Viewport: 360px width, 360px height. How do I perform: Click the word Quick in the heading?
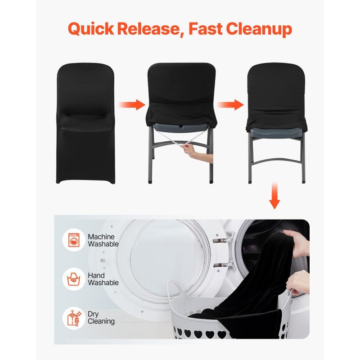click(91, 29)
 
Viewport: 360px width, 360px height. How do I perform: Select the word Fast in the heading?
click(206, 29)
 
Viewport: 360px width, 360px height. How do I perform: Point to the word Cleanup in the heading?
click(259, 29)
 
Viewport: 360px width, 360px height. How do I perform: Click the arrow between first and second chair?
click(132, 105)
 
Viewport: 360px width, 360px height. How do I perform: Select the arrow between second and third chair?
click(230, 105)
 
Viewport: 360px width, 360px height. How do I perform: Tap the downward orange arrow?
click(274, 196)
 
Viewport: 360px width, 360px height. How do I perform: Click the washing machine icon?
click(74, 240)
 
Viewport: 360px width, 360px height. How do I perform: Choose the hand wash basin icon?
click(74, 279)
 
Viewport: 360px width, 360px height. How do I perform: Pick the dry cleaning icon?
click(74, 318)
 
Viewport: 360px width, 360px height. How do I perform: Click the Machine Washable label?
click(103, 240)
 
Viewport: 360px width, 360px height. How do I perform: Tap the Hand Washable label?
click(103, 279)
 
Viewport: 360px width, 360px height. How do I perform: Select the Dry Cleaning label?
click(101, 318)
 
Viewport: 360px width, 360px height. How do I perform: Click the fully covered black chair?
click(85, 123)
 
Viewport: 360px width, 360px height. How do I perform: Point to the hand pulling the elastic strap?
click(197, 153)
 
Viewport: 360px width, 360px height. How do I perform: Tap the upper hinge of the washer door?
click(224, 238)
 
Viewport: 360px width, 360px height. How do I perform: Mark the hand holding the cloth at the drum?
click(297, 244)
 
